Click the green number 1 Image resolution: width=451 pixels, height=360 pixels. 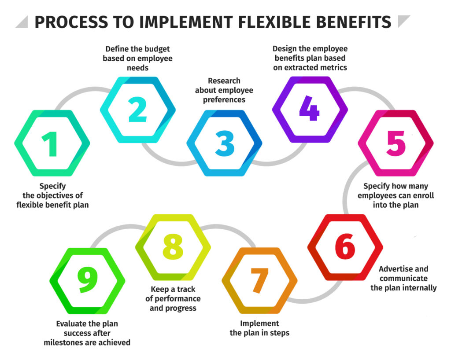pyautogui.click(x=51, y=144)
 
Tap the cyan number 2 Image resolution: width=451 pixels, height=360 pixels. pyautogui.click(x=137, y=110)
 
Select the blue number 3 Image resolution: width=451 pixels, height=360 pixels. pyautogui.click(x=225, y=143)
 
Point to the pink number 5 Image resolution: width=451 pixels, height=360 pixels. pyautogui.click(x=396, y=143)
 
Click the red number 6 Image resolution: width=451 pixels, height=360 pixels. pyautogui.click(x=345, y=246)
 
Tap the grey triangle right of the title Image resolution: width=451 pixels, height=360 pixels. pyautogui.click(x=403, y=21)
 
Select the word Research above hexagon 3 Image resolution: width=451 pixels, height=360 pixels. pyautogui.click(x=224, y=81)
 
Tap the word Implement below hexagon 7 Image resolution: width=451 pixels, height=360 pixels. pyautogui.click(x=259, y=323)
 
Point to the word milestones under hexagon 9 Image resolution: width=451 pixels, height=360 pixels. pyautogui.click(x=61, y=342)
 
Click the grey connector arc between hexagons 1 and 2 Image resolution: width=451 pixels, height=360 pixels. pyautogui.click(x=83, y=92)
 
